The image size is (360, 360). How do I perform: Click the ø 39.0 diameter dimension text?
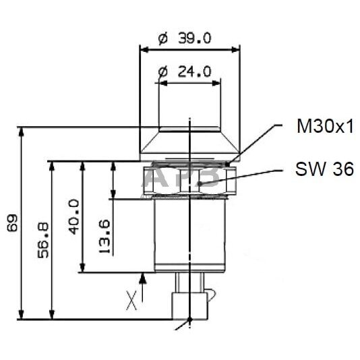point(184,38)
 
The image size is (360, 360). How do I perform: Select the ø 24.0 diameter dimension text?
point(184,71)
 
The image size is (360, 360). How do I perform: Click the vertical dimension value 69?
point(11,224)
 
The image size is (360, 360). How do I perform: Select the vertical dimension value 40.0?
point(73,216)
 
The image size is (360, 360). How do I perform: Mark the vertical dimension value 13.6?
point(104,236)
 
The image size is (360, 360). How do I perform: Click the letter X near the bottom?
point(132,297)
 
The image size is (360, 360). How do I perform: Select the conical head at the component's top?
point(189,140)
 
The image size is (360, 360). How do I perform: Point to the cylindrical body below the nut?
point(189,236)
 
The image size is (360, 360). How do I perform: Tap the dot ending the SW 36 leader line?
point(202,183)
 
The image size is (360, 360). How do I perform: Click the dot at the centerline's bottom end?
point(191,319)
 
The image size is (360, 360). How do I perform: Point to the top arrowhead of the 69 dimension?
point(23,133)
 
